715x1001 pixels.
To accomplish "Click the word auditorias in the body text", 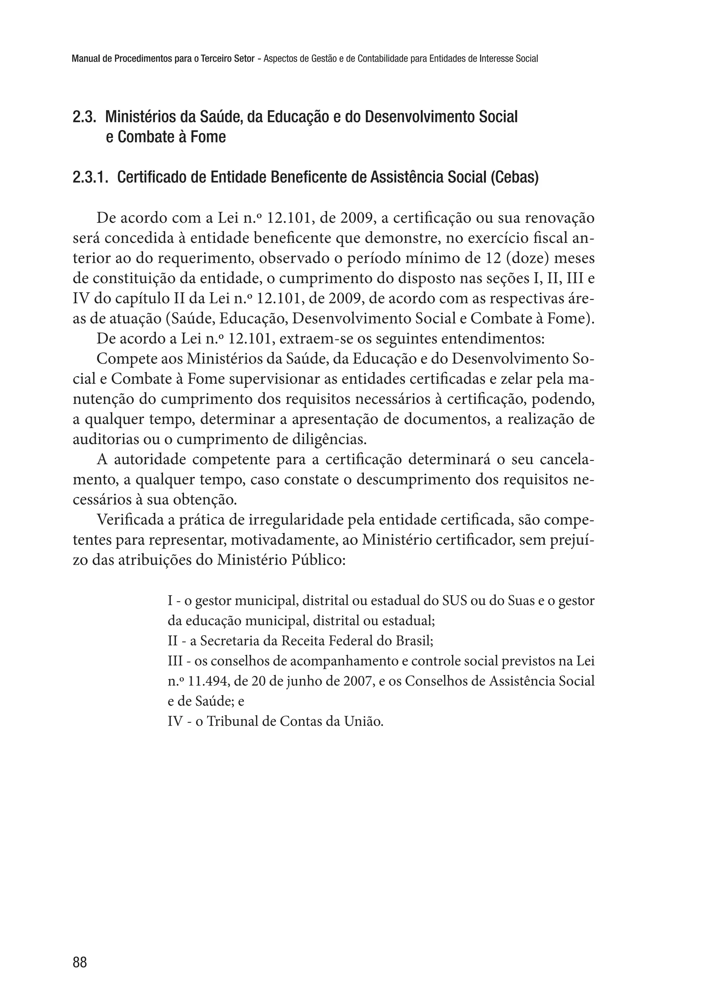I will [x=105, y=439].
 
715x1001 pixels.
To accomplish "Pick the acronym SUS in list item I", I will [x=454, y=601].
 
